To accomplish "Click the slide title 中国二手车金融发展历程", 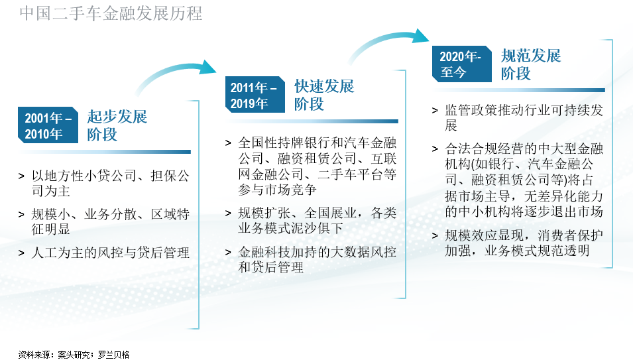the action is tap(111, 13).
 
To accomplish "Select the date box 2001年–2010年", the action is tap(48, 125).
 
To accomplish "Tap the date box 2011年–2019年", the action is tap(255, 94).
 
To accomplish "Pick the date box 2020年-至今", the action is tap(462, 64).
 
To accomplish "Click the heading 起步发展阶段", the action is tap(117, 125).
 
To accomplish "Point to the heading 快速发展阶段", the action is tap(324, 94).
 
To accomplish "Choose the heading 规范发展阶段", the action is tap(531, 64).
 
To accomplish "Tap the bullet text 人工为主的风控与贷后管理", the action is tap(110, 253).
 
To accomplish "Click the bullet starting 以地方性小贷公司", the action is tap(110, 183).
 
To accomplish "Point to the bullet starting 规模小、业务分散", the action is tap(110, 221).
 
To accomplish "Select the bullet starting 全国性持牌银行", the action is tap(317, 166).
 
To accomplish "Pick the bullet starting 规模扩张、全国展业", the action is tap(317, 220).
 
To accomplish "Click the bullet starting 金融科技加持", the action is tap(317, 259).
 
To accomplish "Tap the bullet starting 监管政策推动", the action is tap(524, 117).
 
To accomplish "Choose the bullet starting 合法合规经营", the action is tap(524, 180).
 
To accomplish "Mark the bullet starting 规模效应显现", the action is tap(524, 243).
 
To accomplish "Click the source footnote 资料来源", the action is tap(74, 354).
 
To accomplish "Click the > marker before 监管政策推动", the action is tap(435, 111).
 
